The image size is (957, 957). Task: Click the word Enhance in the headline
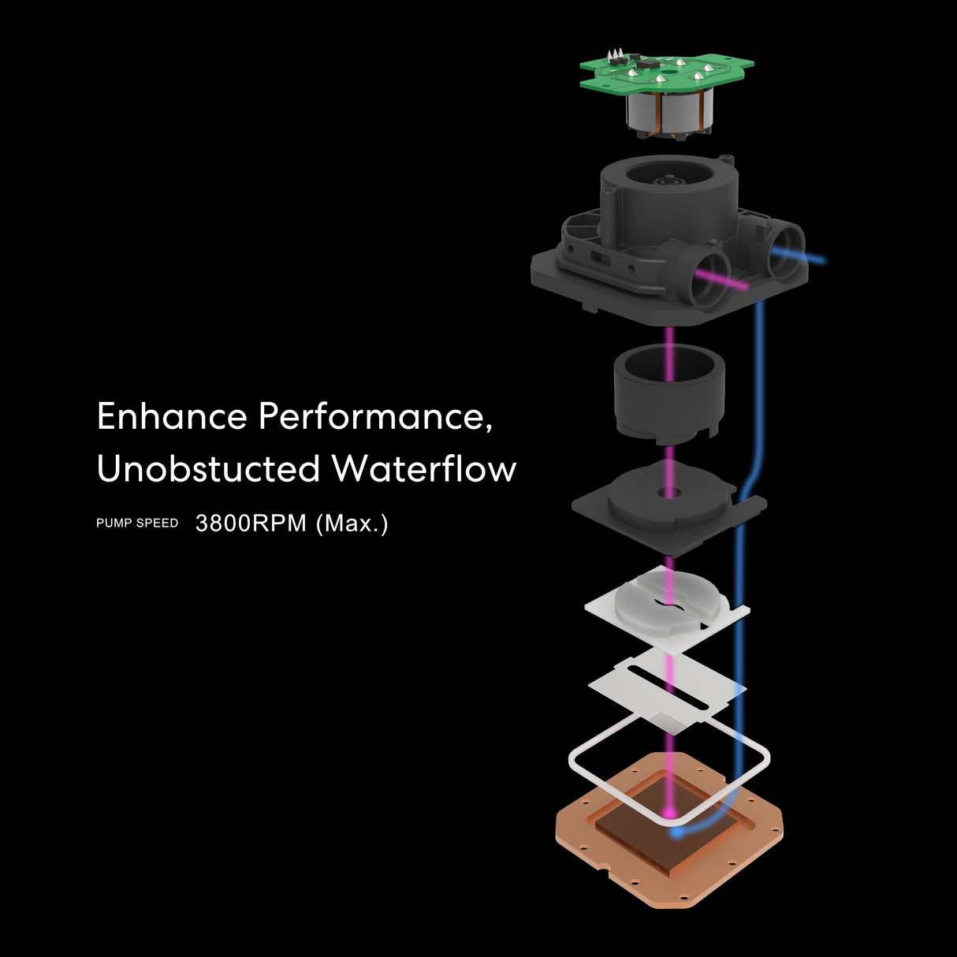click(x=172, y=415)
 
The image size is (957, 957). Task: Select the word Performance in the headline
click(x=375, y=417)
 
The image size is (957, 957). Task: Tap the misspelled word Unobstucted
click(x=208, y=467)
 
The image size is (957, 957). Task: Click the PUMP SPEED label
click(x=137, y=523)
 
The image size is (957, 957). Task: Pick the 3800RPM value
click(x=251, y=523)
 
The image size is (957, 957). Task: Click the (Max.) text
click(x=352, y=523)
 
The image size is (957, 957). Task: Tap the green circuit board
click(x=666, y=73)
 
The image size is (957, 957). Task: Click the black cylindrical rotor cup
click(x=669, y=393)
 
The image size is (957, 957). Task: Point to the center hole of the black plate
click(x=669, y=493)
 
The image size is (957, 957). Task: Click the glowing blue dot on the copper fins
click(x=676, y=832)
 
